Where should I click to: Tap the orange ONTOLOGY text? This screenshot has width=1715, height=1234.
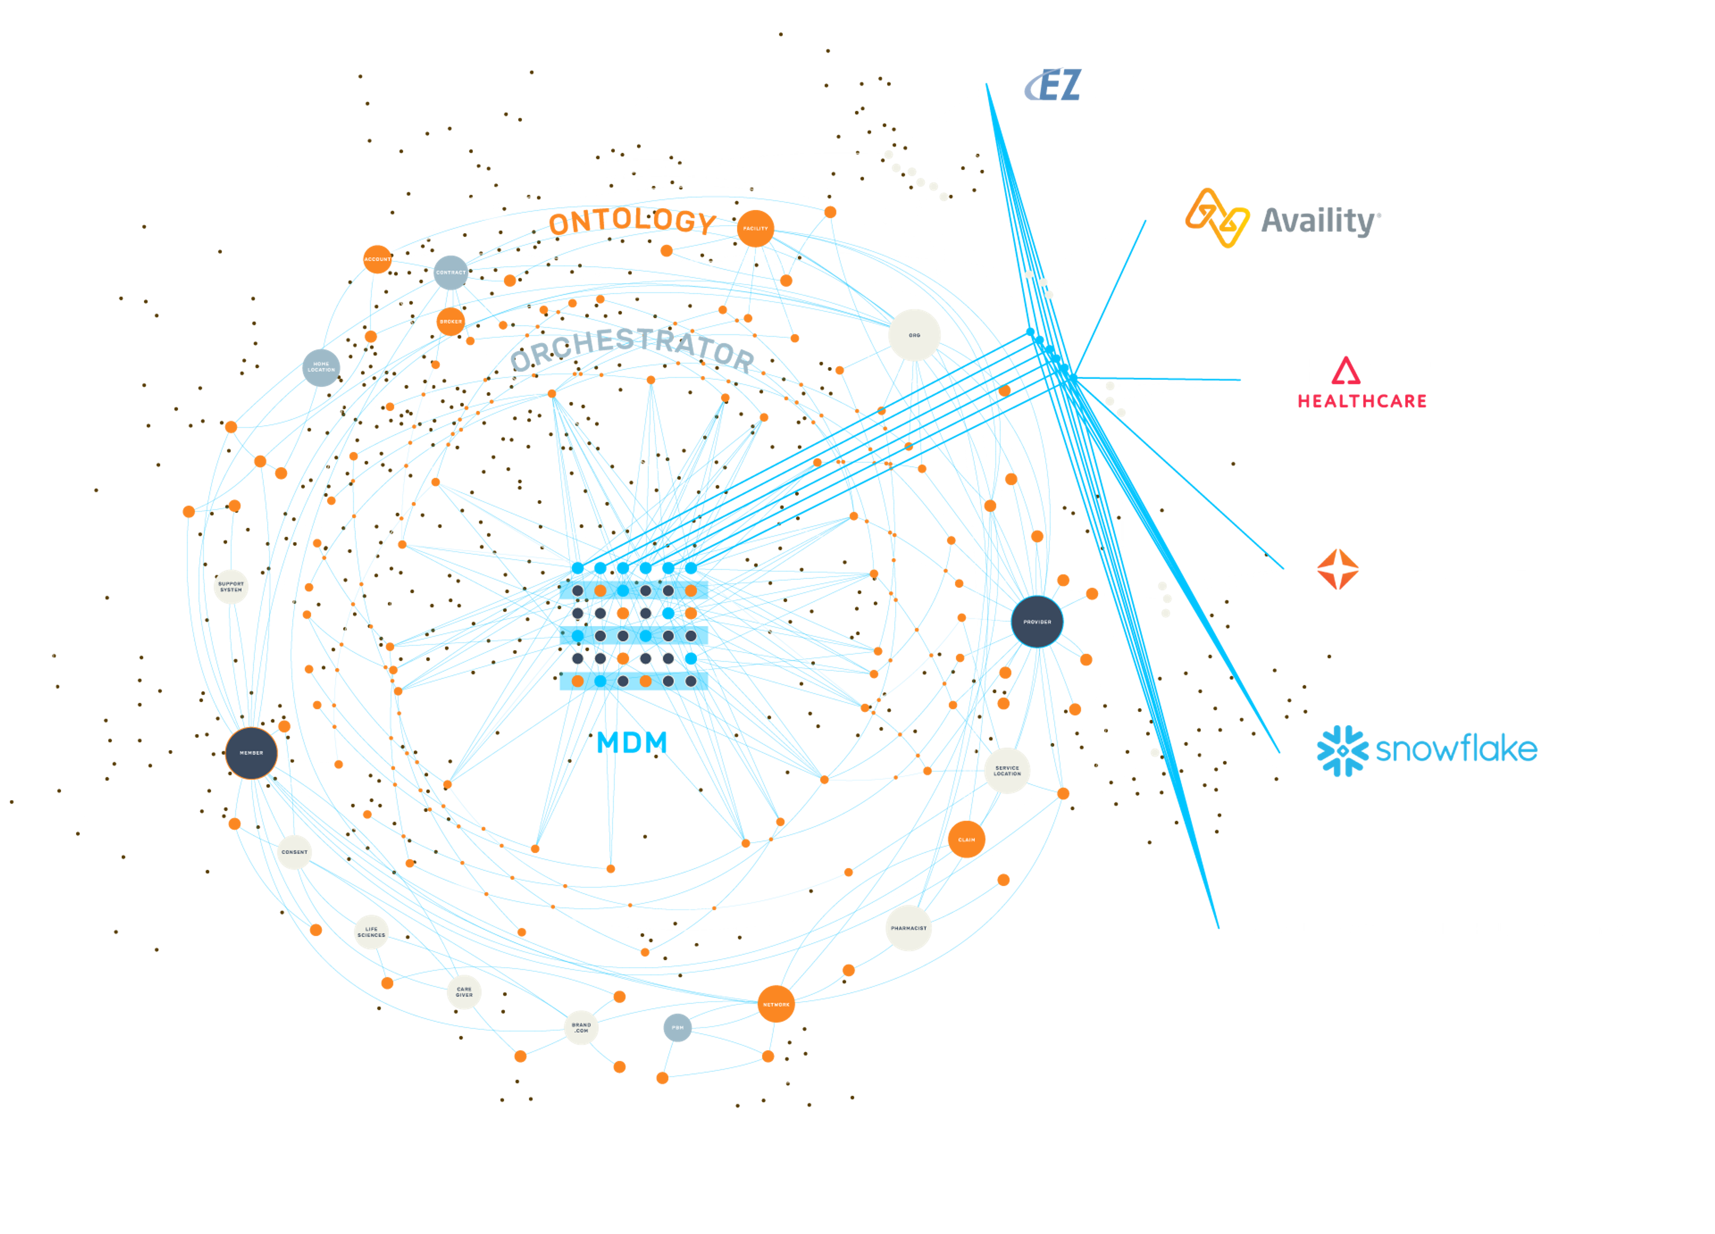click(x=632, y=221)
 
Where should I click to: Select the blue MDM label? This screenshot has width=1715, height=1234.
click(x=632, y=742)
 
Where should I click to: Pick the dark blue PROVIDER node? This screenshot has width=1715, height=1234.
click(x=1037, y=621)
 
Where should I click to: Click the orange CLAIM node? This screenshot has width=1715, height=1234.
click(x=966, y=839)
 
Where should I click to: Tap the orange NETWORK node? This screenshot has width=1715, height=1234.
click(x=776, y=1004)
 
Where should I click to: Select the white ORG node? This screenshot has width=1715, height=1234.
click(x=914, y=335)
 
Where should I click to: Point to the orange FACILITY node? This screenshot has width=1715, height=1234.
click(x=755, y=228)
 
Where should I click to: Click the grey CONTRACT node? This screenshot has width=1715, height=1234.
click(x=451, y=272)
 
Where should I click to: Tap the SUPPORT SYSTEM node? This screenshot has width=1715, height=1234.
click(x=230, y=586)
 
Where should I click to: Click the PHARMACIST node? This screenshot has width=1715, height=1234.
click(x=908, y=928)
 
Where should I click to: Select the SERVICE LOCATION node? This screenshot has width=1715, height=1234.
click(x=1007, y=771)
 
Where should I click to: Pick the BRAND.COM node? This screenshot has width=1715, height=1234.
click(x=581, y=1028)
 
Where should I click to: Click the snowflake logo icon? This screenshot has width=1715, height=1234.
click(x=1342, y=751)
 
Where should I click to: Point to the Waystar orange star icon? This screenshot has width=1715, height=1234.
click(x=1337, y=569)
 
